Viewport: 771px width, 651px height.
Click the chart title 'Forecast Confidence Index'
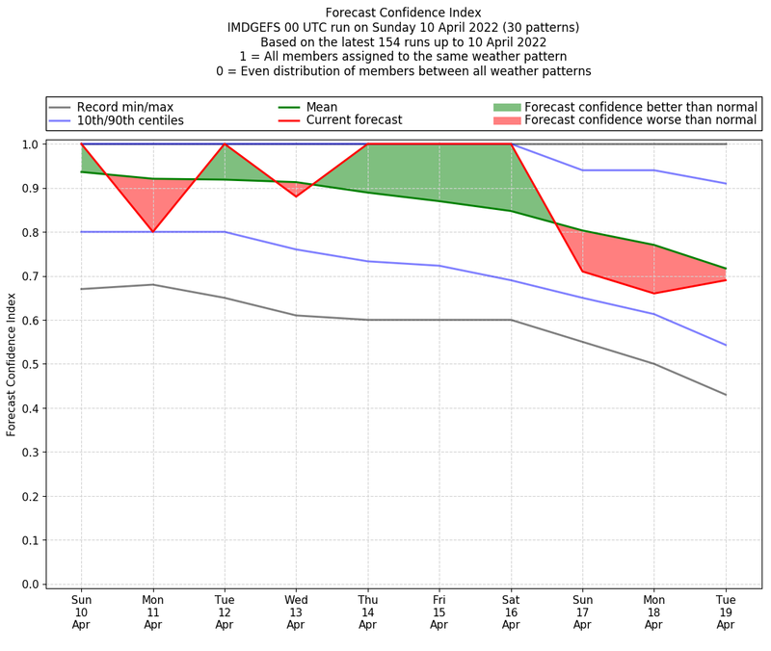[x=403, y=13]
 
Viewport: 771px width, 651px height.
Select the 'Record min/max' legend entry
[x=124, y=106]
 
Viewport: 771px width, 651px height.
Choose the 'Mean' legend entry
[x=323, y=106]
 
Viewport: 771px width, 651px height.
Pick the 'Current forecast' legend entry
[x=354, y=120]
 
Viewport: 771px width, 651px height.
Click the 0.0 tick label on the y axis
[x=29, y=585]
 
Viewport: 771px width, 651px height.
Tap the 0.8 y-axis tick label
[x=29, y=232]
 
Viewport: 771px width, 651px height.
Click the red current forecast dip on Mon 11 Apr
[x=153, y=232]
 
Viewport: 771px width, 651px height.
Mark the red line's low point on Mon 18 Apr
[x=654, y=294]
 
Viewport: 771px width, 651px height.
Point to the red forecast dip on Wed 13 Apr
[x=296, y=196]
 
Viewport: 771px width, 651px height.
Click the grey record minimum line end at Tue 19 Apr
[x=726, y=395]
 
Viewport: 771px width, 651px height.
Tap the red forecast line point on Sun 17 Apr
[x=582, y=272]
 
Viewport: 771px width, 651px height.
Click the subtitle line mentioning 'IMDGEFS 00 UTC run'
[x=403, y=28]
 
